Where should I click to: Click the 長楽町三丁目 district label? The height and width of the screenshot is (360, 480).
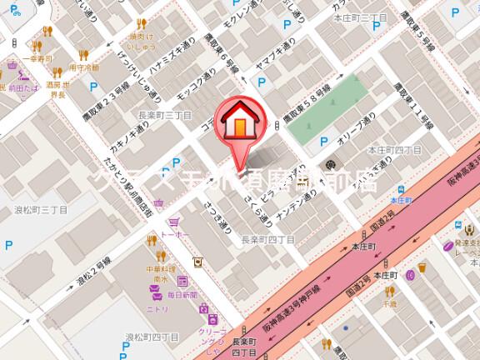[x=164, y=115]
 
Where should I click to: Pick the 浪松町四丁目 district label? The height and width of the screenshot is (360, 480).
[x=152, y=337]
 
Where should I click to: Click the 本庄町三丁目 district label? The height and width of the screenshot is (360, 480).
[x=357, y=17]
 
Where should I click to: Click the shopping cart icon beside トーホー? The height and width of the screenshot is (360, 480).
[x=174, y=222]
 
